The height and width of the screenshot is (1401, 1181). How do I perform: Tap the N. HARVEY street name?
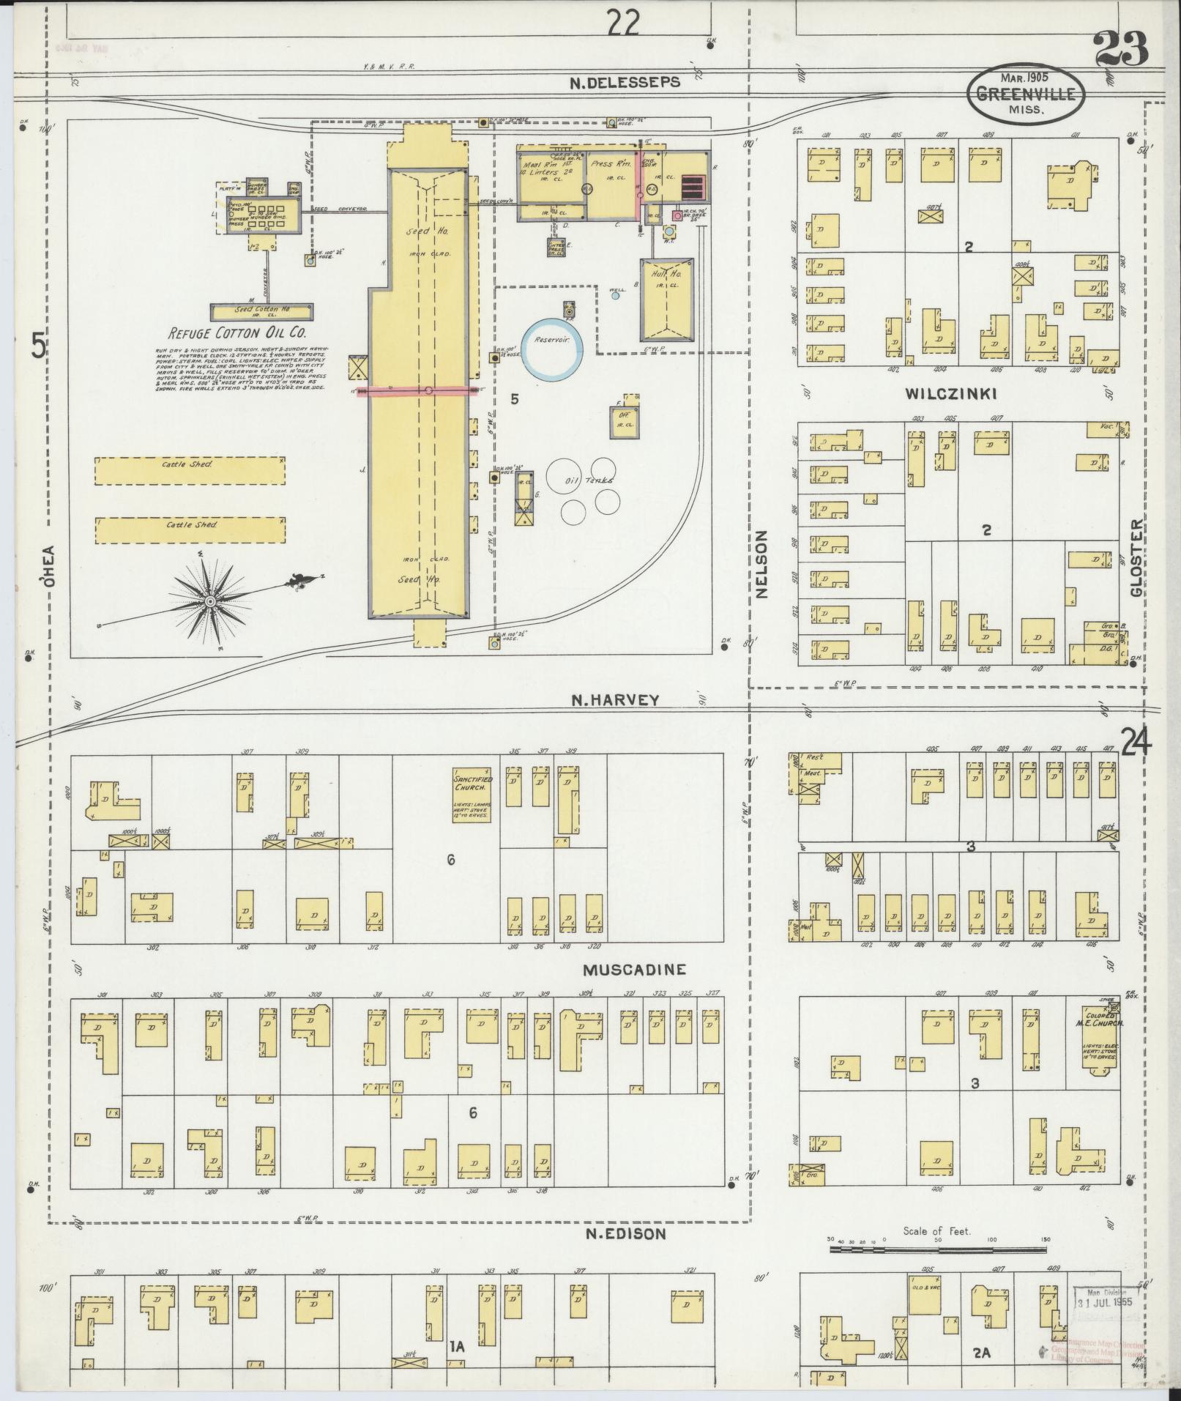coord(616,699)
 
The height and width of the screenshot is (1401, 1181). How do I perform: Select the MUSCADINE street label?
coord(634,970)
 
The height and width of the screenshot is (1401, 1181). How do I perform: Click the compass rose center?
coord(210,601)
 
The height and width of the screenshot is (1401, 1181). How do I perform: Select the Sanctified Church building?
coord(471,795)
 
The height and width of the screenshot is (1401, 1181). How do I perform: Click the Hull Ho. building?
coord(666,300)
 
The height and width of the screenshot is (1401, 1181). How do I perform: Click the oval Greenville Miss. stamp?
coord(1024,94)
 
